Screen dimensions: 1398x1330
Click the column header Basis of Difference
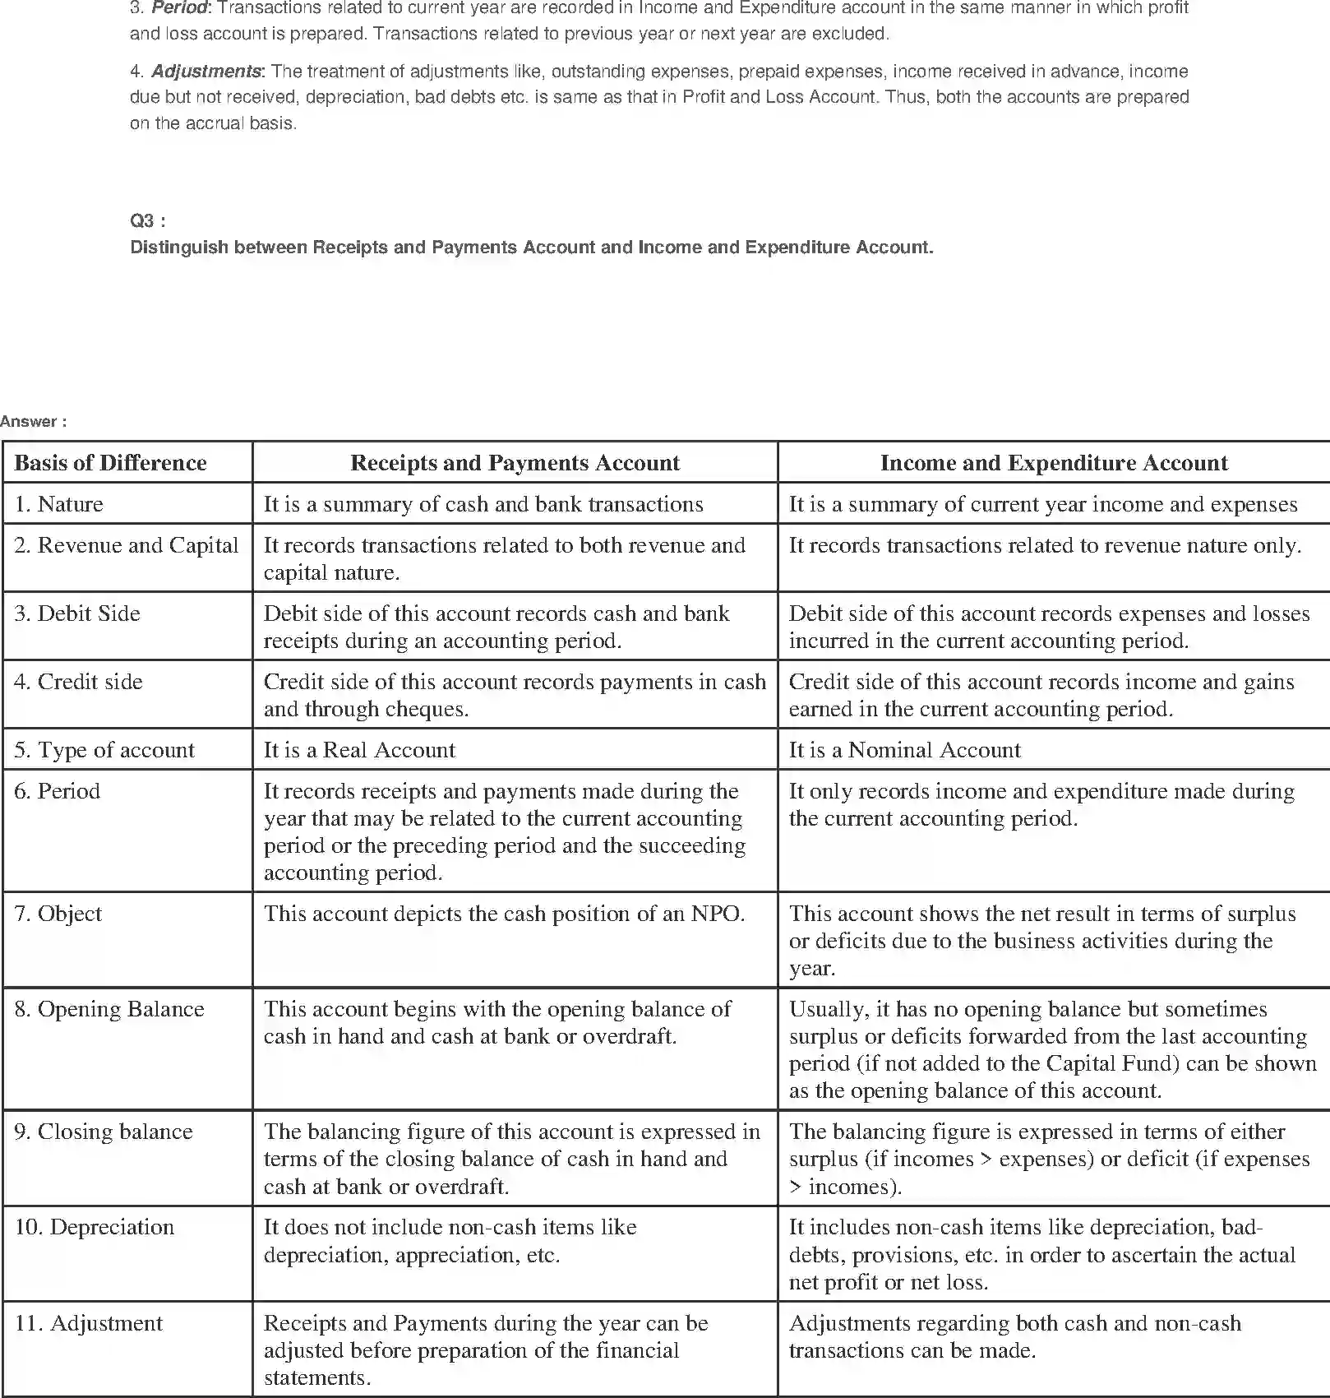click(110, 463)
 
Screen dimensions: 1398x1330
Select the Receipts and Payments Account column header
click(515, 463)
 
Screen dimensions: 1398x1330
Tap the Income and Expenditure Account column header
click(1053, 463)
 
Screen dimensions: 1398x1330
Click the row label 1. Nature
click(58, 504)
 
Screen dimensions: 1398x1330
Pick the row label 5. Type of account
click(104, 750)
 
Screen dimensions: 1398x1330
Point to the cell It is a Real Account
click(359, 750)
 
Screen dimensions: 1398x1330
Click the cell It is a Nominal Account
click(904, 750)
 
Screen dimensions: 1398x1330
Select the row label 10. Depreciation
click(95, 1228)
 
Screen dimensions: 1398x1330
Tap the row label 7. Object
click(58, 914)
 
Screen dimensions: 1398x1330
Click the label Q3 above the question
click(146, 220)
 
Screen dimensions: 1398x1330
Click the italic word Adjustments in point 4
click(206, 71)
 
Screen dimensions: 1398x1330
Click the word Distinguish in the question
click(178, 248)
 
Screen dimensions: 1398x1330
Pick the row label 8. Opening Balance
click(109, 1009)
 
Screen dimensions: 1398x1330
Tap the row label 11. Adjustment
click(89, 1323)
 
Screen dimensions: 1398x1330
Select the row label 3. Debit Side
click(76, 613)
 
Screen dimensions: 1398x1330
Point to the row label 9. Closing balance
click(103, 1132)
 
